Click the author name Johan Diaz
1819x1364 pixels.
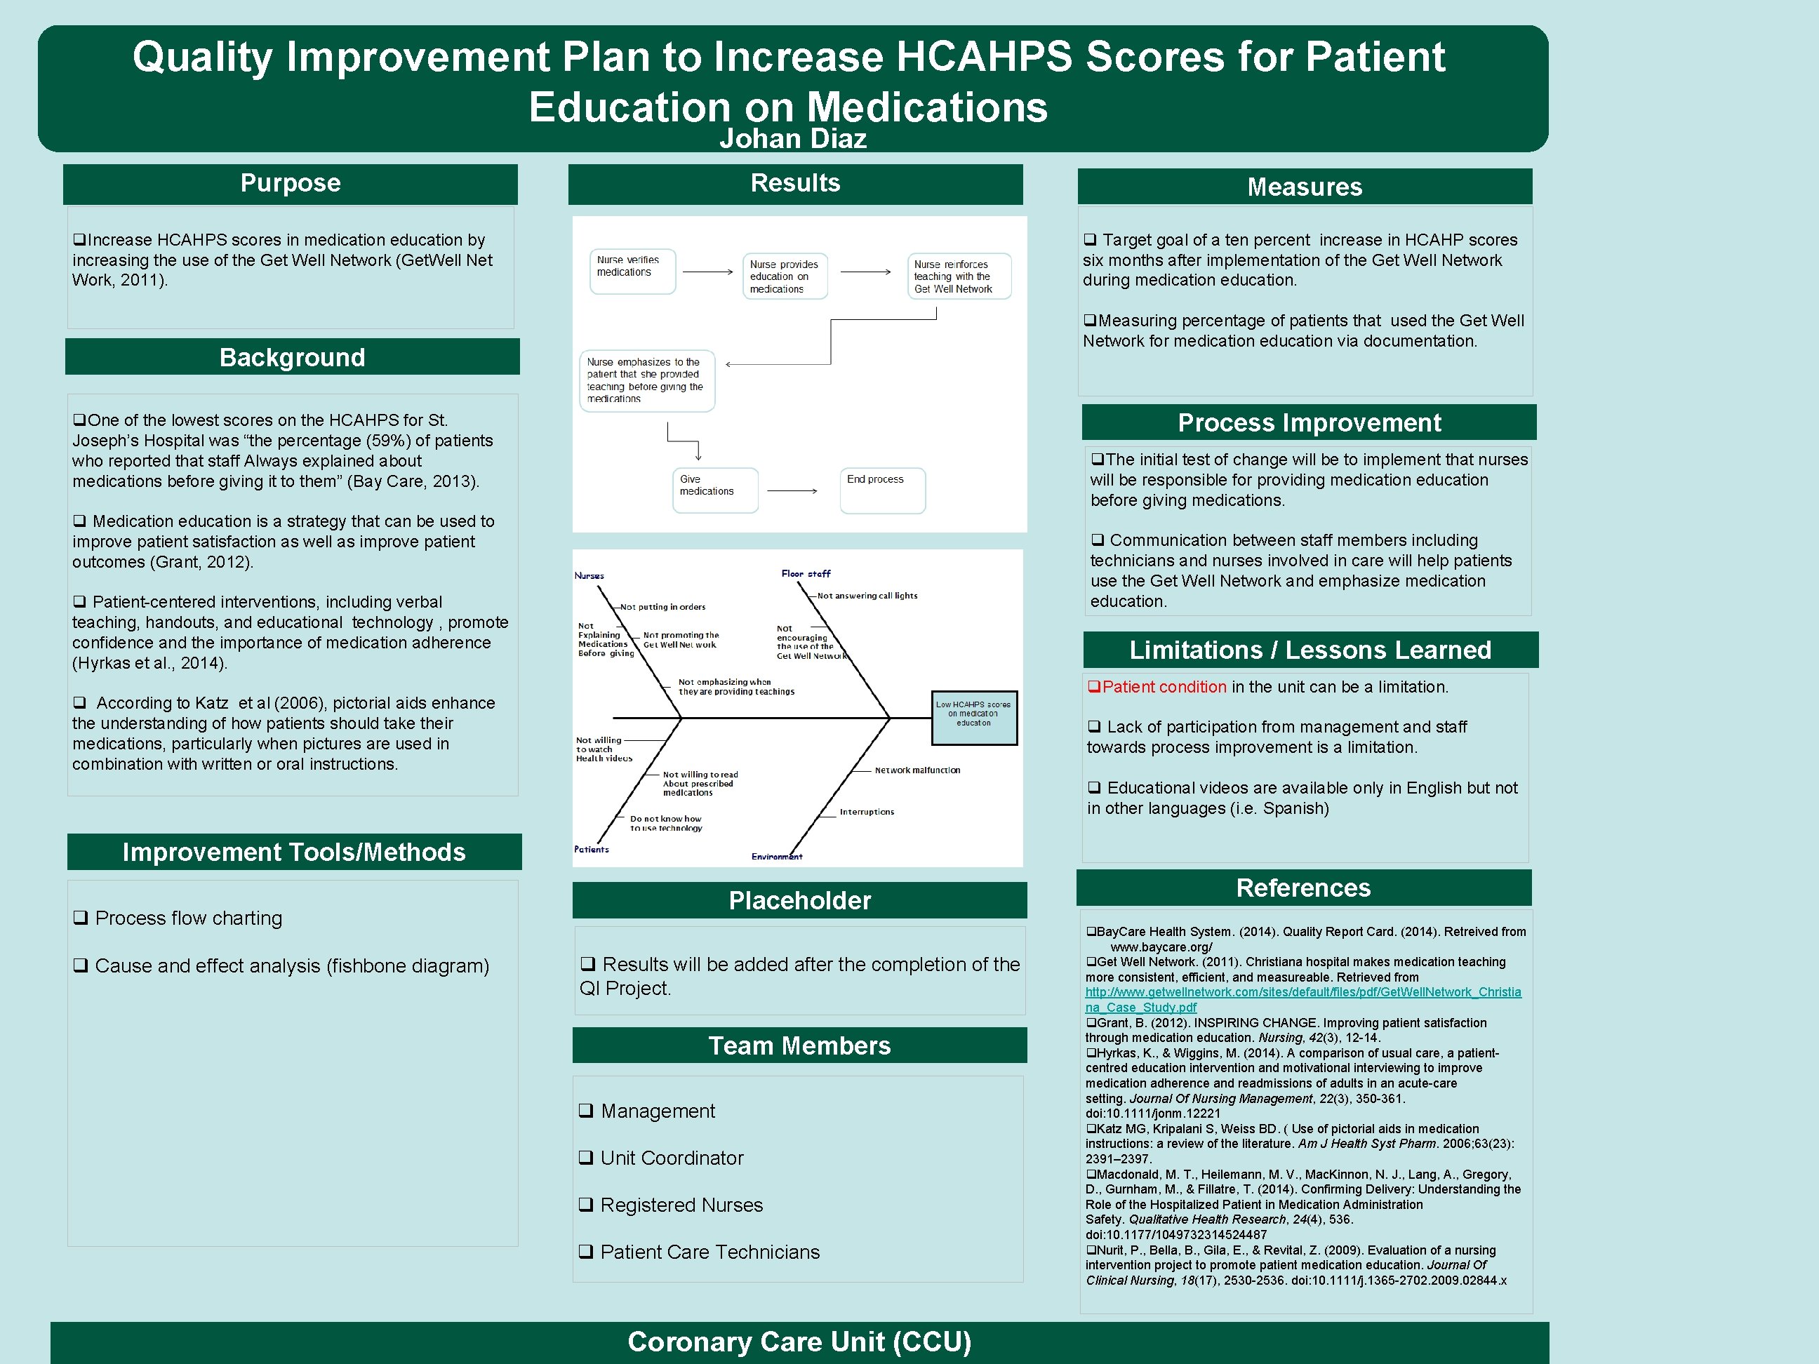click(793, 138)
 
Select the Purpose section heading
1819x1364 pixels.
click(291, 182)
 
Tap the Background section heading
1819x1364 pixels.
click(292, 357)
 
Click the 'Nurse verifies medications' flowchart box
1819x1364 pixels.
click(632, 271)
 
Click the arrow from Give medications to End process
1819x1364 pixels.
click(792, 491)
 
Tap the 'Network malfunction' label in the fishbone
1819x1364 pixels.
click(917, 770)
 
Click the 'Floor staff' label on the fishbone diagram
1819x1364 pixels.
click(806, 574)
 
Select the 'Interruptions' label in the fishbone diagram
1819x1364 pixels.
click(867, 812)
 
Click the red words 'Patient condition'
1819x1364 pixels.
click(1164, 686)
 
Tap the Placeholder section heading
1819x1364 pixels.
click(799, 900)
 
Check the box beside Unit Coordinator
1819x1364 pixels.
click(585, 1158)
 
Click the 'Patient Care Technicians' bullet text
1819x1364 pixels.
click(709, 1251)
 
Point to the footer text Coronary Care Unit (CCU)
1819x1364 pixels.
click(799, 1342)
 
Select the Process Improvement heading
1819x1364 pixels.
click(1309, 422)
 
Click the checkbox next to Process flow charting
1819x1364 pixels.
click(81, 918)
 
